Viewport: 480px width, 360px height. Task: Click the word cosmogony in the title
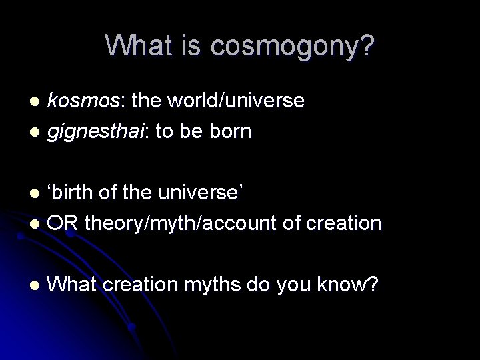(x=287, y=46)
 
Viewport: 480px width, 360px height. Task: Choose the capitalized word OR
(x=63, y=223)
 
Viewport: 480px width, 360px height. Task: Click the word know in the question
(x=337, y=285)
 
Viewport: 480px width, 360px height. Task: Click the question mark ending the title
(x=367, y=45)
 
